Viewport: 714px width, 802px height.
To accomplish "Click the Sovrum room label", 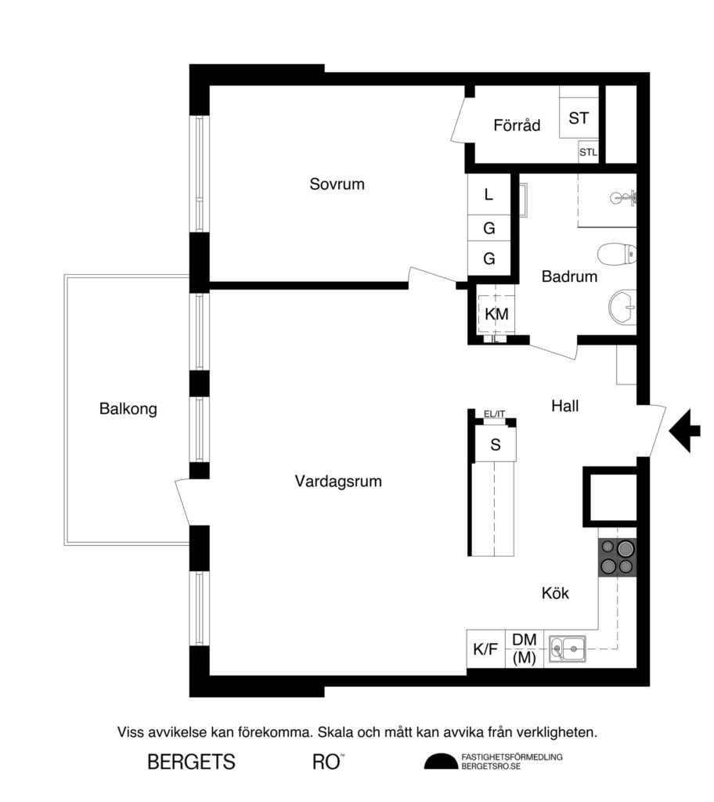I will (x=337, y=185).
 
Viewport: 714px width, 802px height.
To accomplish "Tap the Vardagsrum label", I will (x=338, y=482).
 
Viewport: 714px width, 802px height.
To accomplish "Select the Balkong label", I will (x=128, y=408).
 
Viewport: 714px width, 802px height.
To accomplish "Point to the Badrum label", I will (x=569, y=276).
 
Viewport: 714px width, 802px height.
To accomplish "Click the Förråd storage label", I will (x=517, y=125).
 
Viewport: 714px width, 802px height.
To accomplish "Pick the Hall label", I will (x=569, y=406).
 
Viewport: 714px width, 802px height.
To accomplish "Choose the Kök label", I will (x=555, y=594).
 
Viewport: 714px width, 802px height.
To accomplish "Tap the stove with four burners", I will (x=617, y=558).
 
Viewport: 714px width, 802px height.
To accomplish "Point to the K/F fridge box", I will (x=485, y=650).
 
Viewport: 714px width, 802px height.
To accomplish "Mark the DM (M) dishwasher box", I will (x=524, y=650).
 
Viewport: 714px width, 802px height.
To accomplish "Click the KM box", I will (x=496, y=314).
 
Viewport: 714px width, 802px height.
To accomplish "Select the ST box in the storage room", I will (x=579, y=118).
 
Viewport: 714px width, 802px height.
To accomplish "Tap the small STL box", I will (x=588, y=153).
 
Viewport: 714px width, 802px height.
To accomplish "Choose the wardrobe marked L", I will (x=489, y=195).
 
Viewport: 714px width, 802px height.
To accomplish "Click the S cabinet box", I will (x=495, y=445).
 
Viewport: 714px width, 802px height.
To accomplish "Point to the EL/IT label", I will (x=495, y=415).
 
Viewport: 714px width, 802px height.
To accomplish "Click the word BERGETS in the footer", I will (x=191, y=761).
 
